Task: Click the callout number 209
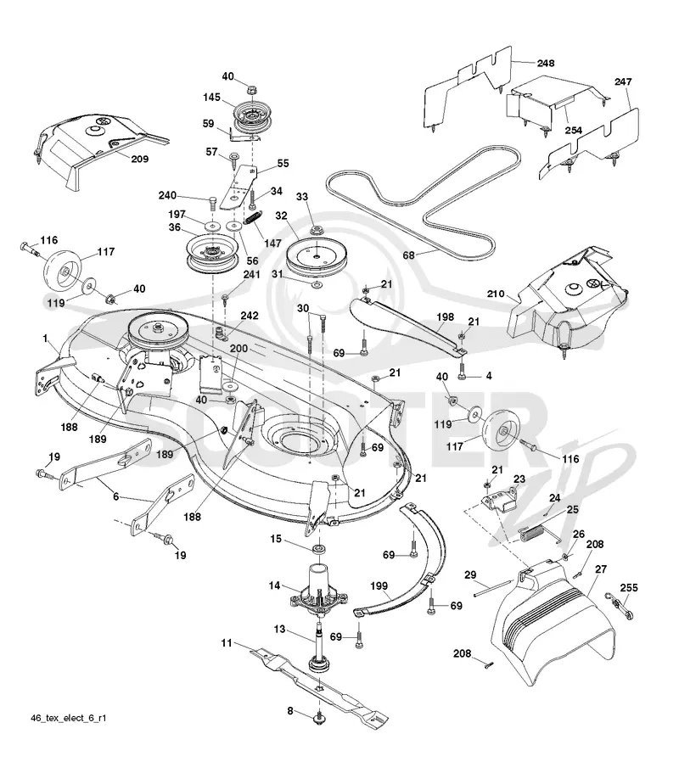(x=139, y=159)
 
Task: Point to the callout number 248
(x=546, y=63)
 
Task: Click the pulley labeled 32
(x=313, y=257)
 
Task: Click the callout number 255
(x=629, y=588)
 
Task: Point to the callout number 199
(x=379, y=585)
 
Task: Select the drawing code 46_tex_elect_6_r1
(x=69, y=718)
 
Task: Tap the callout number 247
(x=623, y=81)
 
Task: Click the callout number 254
(x=574, y=130)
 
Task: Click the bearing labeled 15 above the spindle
(x=319, y=549)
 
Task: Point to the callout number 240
(x=167, y=196)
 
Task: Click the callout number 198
(x=446, y=317)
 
